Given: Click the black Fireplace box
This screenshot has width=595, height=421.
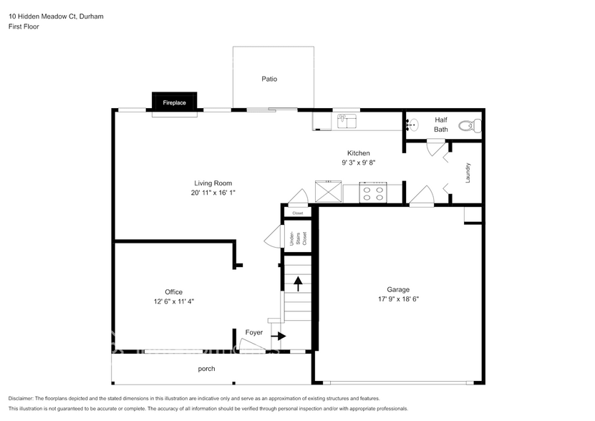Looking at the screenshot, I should click(174, 103).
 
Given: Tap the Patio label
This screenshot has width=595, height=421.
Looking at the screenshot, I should click(269, 79).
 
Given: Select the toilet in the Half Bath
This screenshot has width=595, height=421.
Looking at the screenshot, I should click(466, 127).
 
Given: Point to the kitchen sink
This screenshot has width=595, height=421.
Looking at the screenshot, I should click(347, 120).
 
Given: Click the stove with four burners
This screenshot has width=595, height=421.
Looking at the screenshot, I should click(373, 192).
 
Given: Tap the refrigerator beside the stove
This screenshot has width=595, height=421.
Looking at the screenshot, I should click(329, 192).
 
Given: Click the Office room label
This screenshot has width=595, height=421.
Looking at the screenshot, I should click(173, 291).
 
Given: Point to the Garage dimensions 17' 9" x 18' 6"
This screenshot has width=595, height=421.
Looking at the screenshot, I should click(398, 299).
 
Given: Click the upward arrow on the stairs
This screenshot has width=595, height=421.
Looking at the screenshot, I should click(297, 283).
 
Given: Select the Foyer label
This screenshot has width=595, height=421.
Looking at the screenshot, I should click(254, 332).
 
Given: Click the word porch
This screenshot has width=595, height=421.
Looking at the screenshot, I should click(206, 369).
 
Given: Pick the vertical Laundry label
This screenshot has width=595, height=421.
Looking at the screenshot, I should click(468, 173).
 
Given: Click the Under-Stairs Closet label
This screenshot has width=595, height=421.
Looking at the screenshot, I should click(297, 238).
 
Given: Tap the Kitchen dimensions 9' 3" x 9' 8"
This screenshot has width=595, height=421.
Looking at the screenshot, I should click(359, 163).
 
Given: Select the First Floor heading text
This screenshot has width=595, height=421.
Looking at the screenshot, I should click(24, 26).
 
